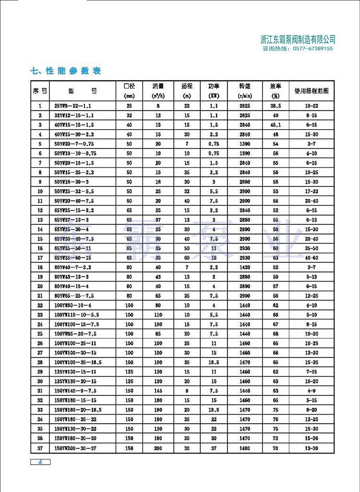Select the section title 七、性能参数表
coord(65,71)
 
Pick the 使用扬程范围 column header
coord(312,90)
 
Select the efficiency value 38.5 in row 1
coord(275,106)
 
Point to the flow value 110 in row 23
coord(158,315)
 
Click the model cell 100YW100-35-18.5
coord(78,362)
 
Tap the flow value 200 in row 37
coord(158,448)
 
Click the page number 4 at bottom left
coord(41,462)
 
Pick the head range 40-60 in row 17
coord(312,258)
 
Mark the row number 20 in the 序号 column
coord(40,286)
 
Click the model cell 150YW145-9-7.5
coord(76,391)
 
